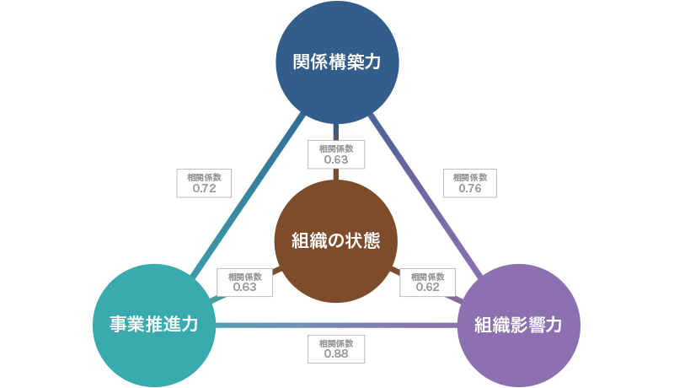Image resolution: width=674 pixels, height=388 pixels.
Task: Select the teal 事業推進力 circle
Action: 153,325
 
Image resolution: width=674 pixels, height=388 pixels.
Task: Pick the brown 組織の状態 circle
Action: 336,240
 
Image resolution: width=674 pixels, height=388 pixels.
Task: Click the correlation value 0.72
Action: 205,189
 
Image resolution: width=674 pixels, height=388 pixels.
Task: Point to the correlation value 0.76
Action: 470,189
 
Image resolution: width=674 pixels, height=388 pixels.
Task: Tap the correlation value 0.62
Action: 428,287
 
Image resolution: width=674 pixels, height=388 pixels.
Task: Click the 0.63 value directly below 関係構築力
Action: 335,159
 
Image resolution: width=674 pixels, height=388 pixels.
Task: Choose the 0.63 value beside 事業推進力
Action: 244,287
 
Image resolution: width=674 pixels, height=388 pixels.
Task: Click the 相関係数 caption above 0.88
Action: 336,343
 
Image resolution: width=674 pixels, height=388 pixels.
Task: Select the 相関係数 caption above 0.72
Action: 205,178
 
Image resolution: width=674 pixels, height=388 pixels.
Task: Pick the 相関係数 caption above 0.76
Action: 470,178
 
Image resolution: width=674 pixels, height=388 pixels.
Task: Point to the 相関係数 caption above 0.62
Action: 428,276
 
